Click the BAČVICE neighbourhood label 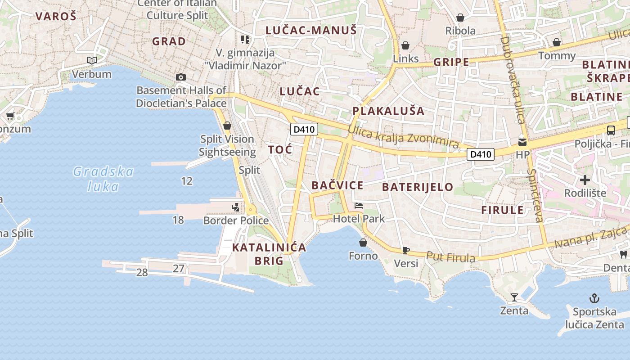click(337, 185)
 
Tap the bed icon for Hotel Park click(359, 206)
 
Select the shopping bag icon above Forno click(363, 243)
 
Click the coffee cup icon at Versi click(405, 250)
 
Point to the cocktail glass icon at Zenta click(514, 297)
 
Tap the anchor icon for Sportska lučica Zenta click(594, 298)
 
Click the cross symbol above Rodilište click(585, 180)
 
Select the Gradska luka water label click(103, 179)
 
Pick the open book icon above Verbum click(92, 60)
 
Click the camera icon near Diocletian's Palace click(181, 77)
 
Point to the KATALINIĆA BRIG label click(269, 254)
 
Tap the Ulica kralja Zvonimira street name click(403, 136)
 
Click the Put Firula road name click(450, 257)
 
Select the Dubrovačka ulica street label click(513, 80)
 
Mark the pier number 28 click(142, 272)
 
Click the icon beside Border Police click(236, 207)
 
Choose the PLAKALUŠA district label click(388, 111)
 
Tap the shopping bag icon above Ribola click(460, 18)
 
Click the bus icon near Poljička click(611, 130)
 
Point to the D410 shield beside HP click(480, 154)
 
